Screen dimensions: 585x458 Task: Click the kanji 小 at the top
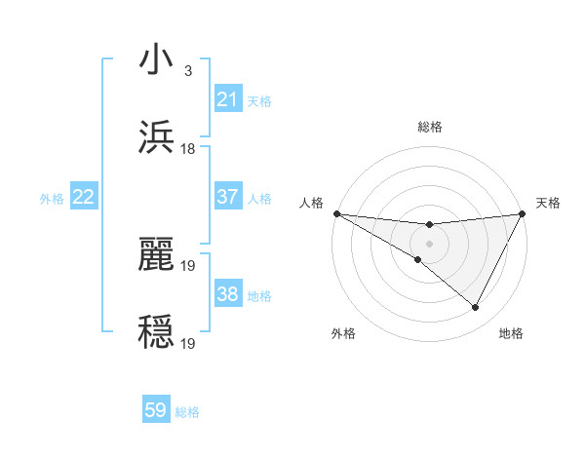coord(156,60)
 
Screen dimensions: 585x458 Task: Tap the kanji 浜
coord(156,138)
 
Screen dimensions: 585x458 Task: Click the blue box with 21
coord(228,99)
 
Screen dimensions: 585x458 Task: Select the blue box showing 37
coord(228,197)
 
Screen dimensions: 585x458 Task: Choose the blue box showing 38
coord(228,294)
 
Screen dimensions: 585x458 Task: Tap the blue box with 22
coord(84,197)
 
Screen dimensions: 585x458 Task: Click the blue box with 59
coord(156,410)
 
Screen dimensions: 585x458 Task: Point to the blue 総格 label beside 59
coord(187,412)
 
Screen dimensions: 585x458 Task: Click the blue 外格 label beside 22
coord(52,199)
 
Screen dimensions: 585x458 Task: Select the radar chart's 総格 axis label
coord(429,127)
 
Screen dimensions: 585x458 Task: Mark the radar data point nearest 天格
coord(522,213)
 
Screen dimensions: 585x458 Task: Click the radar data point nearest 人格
coord(336,213)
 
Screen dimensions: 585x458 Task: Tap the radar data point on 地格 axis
coord(476,308)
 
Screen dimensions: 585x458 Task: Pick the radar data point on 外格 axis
coord(417,259)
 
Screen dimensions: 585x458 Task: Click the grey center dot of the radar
coord(429,243)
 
